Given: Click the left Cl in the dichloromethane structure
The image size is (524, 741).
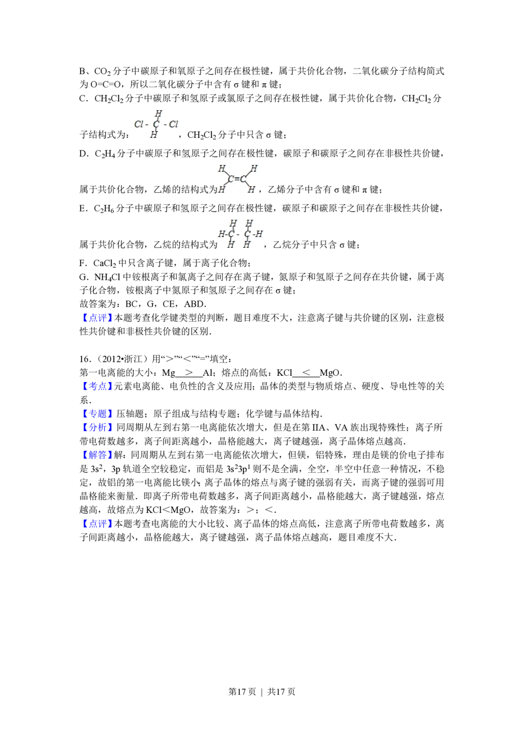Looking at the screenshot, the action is [138, 125].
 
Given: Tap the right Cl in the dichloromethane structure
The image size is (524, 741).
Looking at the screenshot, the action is [174, 125].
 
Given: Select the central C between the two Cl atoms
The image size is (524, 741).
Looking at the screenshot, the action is [156, 124].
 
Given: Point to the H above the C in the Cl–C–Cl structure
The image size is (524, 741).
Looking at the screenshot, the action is [158, 113].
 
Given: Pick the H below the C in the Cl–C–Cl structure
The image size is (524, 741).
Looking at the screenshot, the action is [154, 135].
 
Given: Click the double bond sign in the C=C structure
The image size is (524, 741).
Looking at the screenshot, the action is [236, 179].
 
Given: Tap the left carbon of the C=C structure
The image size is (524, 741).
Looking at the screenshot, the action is [231, 179].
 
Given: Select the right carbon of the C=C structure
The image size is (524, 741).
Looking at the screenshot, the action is [243, 179].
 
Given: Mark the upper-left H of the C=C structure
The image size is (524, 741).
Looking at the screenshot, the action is [221, 169].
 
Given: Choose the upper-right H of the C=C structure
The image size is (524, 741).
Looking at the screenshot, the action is [254, 169].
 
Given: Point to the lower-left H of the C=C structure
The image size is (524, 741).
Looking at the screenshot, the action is [221, 189].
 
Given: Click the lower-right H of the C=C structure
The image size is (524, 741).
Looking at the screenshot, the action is [252, 189].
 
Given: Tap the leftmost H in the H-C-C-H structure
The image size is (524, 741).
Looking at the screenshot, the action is [221, 234].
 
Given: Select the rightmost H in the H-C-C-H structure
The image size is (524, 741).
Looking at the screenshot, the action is [259, 234].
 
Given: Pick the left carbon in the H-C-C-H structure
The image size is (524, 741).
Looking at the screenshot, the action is [231, 234].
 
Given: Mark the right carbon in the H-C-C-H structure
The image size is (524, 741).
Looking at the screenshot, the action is [247, 234].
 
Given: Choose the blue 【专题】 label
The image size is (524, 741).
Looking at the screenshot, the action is [97, 414].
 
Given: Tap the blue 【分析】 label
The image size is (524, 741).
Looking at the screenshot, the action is [97, 427].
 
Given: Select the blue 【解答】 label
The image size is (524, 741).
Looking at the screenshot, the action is [97, 455].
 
